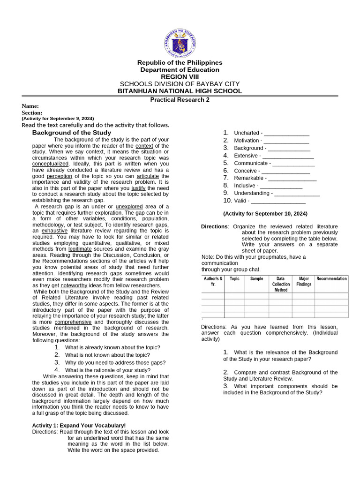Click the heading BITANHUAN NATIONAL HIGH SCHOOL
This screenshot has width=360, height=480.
[180, 91]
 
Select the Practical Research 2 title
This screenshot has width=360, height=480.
[180, 99]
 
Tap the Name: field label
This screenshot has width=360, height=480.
[30, 106]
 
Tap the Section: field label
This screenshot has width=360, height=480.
[32, 112]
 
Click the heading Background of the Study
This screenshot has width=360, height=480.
[71, 133]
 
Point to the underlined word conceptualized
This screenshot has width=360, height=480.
[50, 164]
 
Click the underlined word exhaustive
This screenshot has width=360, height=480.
[54, 231]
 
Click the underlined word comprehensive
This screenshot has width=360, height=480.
[73, 322]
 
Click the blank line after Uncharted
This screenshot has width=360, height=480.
[286, 133]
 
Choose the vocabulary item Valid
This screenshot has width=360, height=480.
[241, 201]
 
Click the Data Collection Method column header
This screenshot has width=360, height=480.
[280, 284]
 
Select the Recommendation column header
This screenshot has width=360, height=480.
[331, 278]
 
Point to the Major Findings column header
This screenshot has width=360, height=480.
[304, 281]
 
